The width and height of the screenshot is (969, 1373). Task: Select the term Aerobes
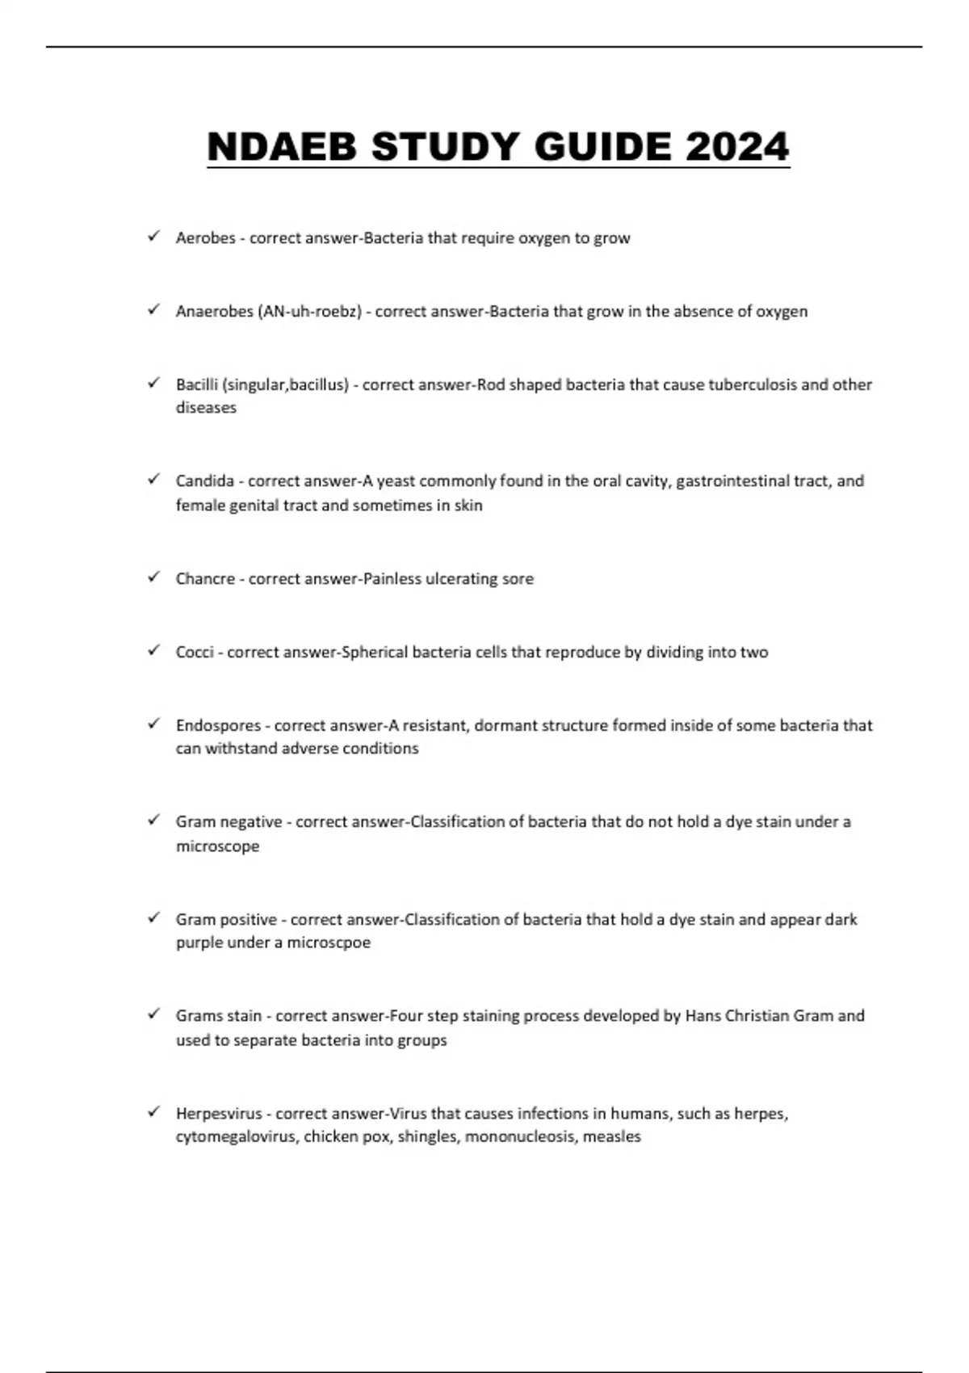coord(205,238)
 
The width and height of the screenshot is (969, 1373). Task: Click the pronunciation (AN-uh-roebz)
coord(309,312)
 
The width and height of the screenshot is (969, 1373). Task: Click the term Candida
coord(204,481)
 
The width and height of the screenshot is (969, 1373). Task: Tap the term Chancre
coord(205,579)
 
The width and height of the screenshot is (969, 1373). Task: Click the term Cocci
coord(194,653)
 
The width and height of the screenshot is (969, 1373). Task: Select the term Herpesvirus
coord(219,1114)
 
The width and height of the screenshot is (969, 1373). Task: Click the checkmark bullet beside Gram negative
coord(153,821)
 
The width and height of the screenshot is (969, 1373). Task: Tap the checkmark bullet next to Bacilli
coord(153,384)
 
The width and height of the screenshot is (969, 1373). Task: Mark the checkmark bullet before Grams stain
coord(153,1014)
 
